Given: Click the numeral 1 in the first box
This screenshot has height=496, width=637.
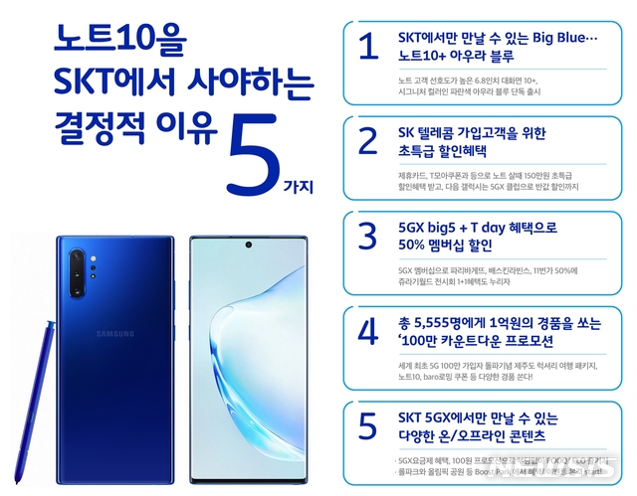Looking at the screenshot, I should (x=367, y=47).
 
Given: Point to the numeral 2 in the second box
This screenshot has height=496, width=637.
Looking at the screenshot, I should (x=367, y=141).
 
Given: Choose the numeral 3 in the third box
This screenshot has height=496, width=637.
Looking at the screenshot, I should (x=367, y=237).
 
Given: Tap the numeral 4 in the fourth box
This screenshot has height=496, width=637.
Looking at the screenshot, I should (x=367, y=331).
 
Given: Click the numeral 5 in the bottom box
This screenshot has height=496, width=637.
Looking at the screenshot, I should (x=367, y=425).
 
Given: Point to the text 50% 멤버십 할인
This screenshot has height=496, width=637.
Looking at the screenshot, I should (x=445, y=247).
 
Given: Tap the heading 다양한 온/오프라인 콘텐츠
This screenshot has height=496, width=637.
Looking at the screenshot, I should (x=470, y=436).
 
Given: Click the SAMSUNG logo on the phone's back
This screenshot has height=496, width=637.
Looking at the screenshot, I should (x=114, y=334).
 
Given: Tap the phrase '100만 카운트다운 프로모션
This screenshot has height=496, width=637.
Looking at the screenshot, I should (x=477, y=342).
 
